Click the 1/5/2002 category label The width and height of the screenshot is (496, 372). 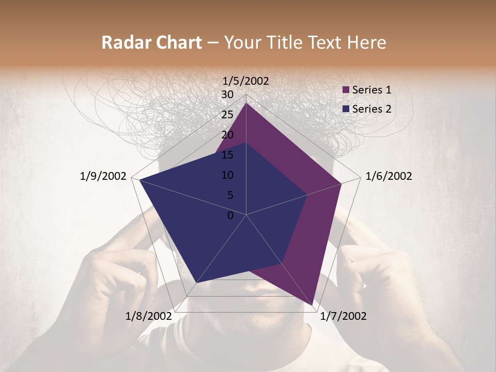coord(246,81)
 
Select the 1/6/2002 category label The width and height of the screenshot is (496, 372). coord(389,176)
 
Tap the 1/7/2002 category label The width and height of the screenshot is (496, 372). coord(343,316)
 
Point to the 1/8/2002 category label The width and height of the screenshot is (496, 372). coord(148,316)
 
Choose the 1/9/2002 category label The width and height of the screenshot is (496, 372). coord(103,176)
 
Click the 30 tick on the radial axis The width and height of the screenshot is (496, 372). coord(227,95)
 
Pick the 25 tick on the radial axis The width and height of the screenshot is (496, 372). coord(227,115)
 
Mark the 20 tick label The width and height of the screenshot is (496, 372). coord(227,135)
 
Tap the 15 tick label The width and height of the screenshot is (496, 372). coord(227,155)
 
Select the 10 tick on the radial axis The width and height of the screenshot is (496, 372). coord(227,175)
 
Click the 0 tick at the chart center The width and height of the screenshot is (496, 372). coord(230,215)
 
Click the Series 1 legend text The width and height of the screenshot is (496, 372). coord(371,90)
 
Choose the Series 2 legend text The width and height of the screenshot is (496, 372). coord(371,109)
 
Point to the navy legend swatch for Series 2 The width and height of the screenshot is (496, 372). coord(346,109)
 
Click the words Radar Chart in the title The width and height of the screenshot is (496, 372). coord(151,42)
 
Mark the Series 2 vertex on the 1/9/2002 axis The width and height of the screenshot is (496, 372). coord(139,180)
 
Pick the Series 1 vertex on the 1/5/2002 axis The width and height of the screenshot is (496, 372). coord(246,103)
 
